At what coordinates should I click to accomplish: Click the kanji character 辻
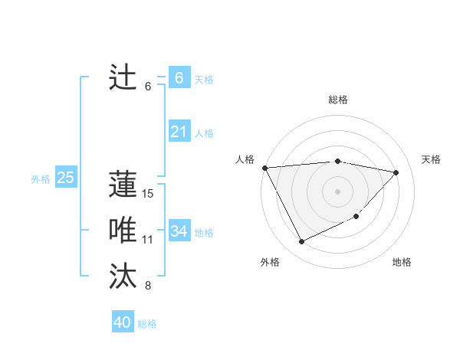123,77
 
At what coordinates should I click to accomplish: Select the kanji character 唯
123,231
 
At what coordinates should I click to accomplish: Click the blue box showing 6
179,77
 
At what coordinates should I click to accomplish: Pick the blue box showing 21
179,132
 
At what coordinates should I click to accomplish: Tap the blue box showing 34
179,231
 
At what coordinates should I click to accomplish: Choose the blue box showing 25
65,178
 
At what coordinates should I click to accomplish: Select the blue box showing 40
123,322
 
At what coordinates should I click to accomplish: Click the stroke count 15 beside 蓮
148,194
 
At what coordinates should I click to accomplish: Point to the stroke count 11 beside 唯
148,240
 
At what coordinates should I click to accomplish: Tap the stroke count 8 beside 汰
148,286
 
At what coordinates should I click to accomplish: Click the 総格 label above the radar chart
338,100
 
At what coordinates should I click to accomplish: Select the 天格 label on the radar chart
432,159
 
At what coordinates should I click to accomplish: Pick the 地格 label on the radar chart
402,262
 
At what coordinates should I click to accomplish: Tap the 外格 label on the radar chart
270,262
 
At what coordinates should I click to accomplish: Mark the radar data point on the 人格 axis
264,168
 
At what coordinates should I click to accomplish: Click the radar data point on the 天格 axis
396,172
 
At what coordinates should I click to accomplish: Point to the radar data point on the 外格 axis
301,242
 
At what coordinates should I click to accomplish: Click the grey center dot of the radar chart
338,191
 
